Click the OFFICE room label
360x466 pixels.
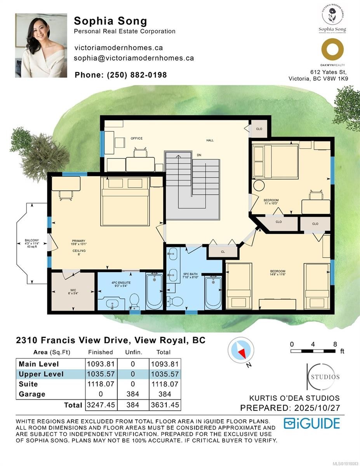coord(136,138)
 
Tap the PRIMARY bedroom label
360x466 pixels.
coord(78,241)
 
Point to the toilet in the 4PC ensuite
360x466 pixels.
coord(134,301)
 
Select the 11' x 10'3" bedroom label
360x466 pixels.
coord(271,201)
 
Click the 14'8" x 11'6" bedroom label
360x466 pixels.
coord(278,271)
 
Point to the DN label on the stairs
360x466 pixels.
coord(199,155)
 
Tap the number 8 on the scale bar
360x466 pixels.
coord(335,344)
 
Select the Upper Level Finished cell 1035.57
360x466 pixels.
coord(101,374)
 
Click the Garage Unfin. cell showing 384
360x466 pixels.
coord(133,394)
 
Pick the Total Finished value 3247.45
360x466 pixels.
coord(101,405)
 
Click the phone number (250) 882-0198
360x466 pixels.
coord(121,75)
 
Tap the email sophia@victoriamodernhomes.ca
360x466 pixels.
coord(134,58)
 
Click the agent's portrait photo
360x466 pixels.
coord(41,45)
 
